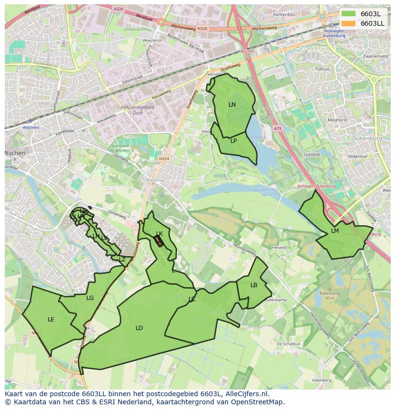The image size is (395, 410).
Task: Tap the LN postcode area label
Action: pos(232,105)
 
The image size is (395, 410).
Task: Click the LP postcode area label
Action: pos(233,141)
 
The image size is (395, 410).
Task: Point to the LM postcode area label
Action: pos(335,231)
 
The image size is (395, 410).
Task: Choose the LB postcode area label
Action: pos(254,285)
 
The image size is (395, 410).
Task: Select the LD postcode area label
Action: pos(139,328)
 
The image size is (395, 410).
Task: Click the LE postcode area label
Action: pos(51,320)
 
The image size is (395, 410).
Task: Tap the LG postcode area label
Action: pos(90,298)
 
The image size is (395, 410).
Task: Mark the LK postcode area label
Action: pos(159,234)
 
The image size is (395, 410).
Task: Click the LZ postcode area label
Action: pos(122,260)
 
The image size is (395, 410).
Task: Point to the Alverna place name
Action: pos(155,180)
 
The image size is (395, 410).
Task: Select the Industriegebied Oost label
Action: pos(137,110)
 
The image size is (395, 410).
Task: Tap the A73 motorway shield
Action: pos(278,129)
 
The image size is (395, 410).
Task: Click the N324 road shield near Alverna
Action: pos(164,159)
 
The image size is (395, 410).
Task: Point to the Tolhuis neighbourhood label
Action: pos(322,69)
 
